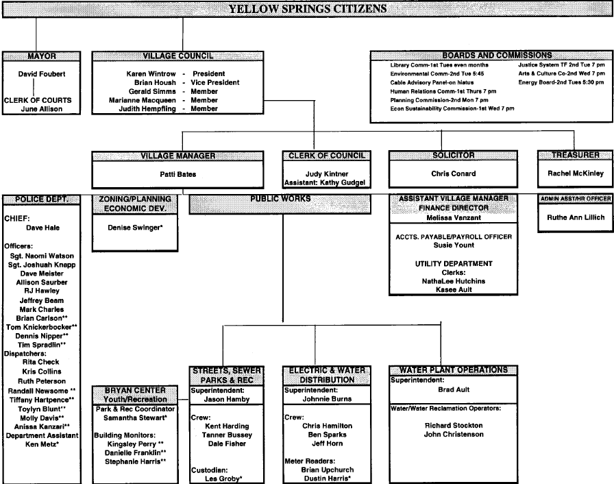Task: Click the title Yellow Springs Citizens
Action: click(306, 9)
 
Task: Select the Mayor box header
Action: click(42, 56)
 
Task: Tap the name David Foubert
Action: click(42, 74)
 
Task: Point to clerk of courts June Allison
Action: click(42, 109)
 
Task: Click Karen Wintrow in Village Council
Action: click(149, 73)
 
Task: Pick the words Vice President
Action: click(216, 82)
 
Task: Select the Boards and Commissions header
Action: click(487, 55)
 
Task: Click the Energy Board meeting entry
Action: click(556, 82)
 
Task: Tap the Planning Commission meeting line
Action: click(434, 99)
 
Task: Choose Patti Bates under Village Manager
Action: click(177, 174)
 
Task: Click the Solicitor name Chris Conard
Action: click(454, 173)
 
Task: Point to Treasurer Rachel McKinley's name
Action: click(575, 173)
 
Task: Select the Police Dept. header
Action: click(46, 199)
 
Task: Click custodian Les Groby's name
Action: click(224, 479)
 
